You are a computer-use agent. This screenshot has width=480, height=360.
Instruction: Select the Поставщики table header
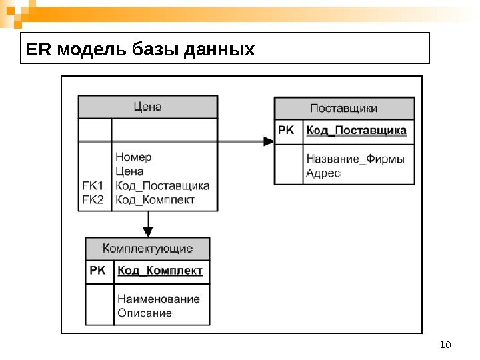344,108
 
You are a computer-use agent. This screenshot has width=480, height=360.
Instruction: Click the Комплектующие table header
147,249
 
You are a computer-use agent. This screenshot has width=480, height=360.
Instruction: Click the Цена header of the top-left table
147,106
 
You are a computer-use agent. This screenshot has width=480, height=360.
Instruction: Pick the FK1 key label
93,185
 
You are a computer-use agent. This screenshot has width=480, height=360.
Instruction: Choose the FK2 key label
93,199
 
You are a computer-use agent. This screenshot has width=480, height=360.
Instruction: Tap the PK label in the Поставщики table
285,131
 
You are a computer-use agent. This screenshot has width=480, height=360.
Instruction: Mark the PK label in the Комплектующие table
97,271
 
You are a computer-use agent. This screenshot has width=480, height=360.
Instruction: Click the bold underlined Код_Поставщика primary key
356,131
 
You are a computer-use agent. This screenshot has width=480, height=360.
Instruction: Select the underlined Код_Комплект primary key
160,271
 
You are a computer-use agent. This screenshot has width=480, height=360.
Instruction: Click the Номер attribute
133,157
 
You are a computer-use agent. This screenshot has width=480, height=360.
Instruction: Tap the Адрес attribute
323,173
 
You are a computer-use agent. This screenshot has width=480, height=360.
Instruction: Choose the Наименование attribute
158,299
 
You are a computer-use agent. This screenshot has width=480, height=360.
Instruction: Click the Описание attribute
144,313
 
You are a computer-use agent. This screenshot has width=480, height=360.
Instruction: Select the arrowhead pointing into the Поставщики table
268,141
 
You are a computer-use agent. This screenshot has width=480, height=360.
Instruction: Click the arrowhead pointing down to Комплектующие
148,232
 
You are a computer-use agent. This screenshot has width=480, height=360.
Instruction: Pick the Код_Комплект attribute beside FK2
155,199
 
